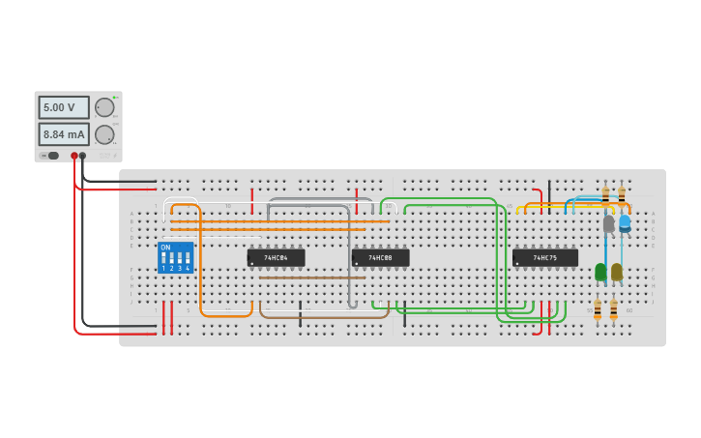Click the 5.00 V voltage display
pyautogui.click(x=64, y=107)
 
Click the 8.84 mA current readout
pyautogui.click(x=64, y=134)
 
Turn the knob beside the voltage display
pyautogui.click(x=103, y=107)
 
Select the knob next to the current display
pyautogui.click(x=103, y=134)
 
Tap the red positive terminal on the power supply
pyautogui.click(x=74, y=156)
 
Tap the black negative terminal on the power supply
pyautogui.click(x=82, y=156)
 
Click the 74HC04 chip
pyautogui.click(x=276, y=258)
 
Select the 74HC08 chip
pyautogui.click(x=380, y=258)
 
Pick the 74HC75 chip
pyautogui.click(x=545, y=258)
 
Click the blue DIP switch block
pyautogui.click(x=175, y=257)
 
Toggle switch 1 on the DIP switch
pyautogui.click(x=164, y=259)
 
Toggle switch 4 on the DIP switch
pyautogui.click(x=188, y=259)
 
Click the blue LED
pyautogui.click(x=625, y=223)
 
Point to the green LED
pyautogui.click(x=600, y=272)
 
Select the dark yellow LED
pyautogui.click(x=617, y=272)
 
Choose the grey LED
pyautogui.click(x=608, y=223)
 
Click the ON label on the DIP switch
pyautogui.click(x=165, y=248)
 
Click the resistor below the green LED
pyautogui.click(x=598, y=308)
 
